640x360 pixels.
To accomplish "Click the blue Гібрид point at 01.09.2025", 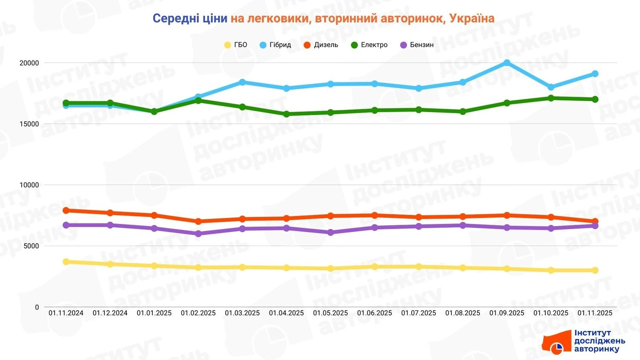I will pos(507,63).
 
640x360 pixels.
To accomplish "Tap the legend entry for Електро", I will pos(369,45).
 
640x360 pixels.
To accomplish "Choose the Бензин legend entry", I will pos(417,45).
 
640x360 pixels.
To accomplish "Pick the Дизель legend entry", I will pos(321,45).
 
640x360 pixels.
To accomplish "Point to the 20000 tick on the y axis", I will pos(29,63).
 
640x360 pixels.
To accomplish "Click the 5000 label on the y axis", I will pos(31,246).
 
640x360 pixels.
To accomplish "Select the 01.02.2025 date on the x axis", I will pos(198,313).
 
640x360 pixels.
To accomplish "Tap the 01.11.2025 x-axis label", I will pos(595,313).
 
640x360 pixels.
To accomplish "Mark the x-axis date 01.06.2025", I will pos(375,313).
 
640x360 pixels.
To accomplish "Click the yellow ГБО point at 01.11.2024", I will pos(66,261).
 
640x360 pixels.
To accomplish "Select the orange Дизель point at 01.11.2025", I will pos(595,221).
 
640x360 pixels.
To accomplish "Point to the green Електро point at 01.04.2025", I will pos(286,114).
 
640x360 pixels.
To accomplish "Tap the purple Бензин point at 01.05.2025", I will pos(331,232).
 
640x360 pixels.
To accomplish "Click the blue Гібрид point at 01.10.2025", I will pos(551,87).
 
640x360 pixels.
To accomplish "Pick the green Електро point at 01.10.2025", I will pos(551,98).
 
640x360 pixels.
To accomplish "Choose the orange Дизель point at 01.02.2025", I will pos(198,221).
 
